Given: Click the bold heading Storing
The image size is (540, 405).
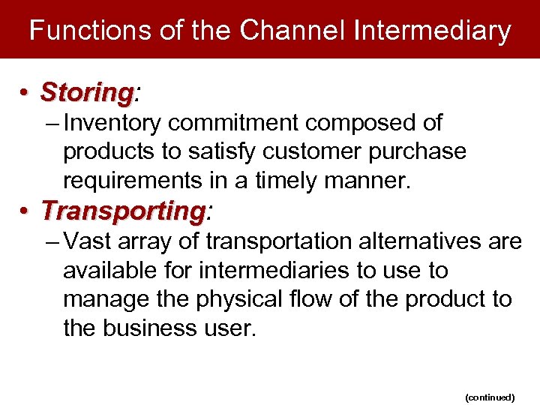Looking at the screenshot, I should [86, 93].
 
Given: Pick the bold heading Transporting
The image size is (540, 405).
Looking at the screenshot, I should [122, 211].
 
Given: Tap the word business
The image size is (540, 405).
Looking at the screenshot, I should [158, 328].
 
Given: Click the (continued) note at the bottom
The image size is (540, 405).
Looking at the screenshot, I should [489, 397].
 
